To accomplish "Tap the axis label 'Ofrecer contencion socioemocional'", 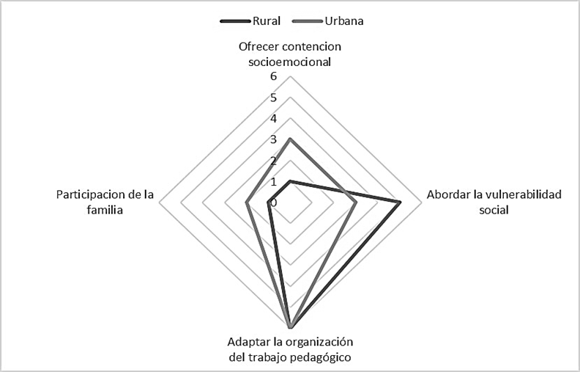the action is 290,54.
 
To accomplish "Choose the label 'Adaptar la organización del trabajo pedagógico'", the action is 290,350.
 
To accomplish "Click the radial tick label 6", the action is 274,76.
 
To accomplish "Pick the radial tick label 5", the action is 274,98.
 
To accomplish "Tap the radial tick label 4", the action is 274,118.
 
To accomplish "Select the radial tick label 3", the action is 274,139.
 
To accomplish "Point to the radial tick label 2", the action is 274,160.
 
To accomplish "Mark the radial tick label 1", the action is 274,181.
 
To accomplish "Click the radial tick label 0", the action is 274,202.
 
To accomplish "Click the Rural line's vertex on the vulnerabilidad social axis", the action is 400,202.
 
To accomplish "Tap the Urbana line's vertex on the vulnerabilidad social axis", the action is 356,202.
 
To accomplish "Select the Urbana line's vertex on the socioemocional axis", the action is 290,139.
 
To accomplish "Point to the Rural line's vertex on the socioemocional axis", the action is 290,181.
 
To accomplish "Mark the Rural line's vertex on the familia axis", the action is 269,202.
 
